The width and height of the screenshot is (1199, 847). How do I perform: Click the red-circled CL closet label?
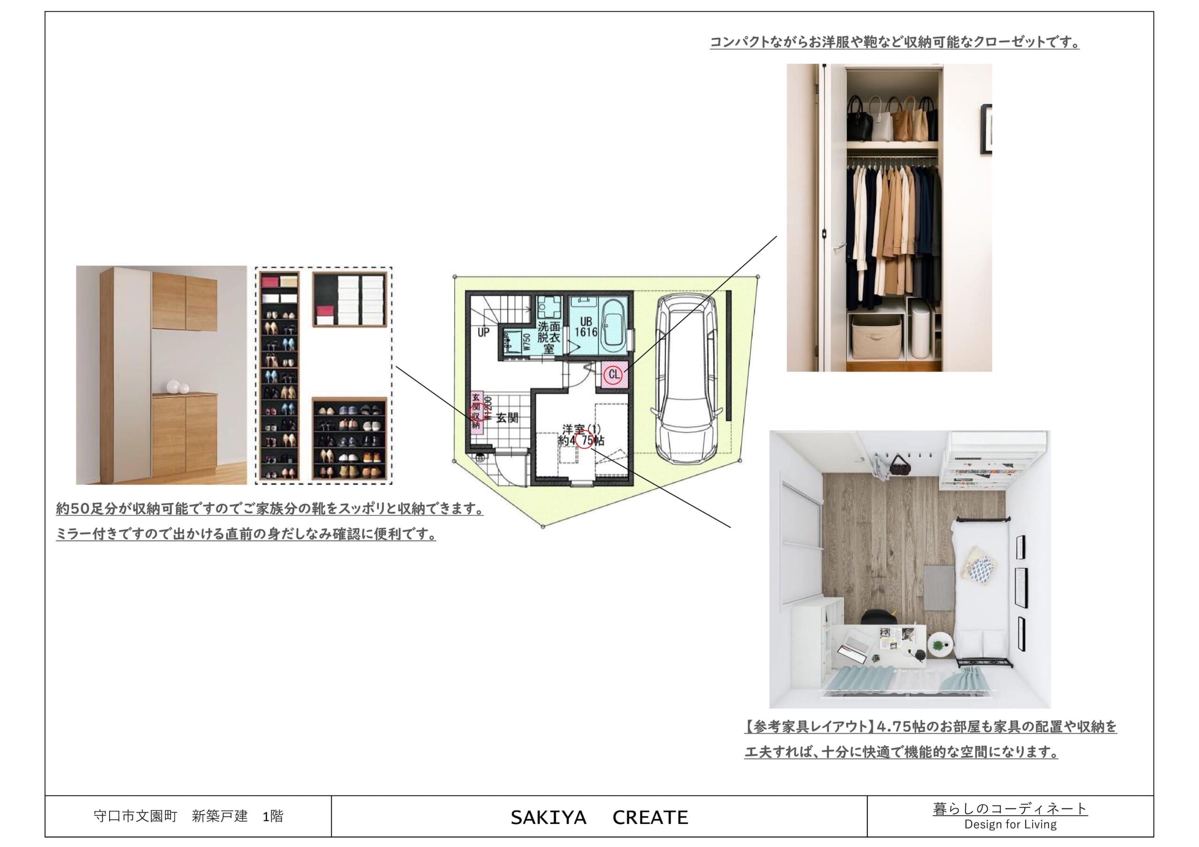tap(614, 375)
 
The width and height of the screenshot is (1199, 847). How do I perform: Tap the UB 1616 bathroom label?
tap(585, 327)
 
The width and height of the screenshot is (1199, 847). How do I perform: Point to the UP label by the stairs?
tap(483, 332)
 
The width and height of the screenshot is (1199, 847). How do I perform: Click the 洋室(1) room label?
tap(581, 429)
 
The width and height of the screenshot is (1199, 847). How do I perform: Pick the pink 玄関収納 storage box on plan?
tap(476, 412)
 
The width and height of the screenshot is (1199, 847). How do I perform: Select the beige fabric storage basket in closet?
tap(876, 336)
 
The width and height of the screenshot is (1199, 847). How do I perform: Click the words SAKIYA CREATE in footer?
tap(599, 817)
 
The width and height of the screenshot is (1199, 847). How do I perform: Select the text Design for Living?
tap(1010, 825)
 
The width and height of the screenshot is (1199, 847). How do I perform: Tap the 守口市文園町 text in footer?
tap(136, 816)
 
